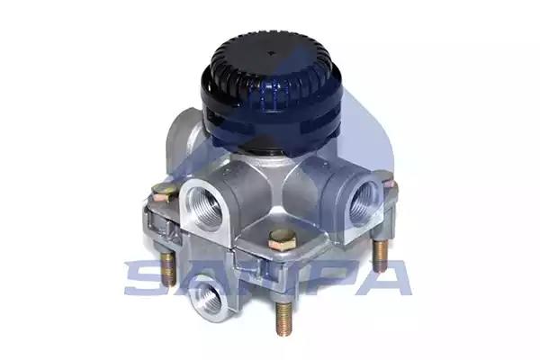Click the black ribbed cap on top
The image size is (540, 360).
(272, 93)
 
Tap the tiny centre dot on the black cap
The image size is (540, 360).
(272, 53)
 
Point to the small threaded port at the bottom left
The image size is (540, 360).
(210, 297)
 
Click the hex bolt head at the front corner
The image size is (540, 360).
(282, 239)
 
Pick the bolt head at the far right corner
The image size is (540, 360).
(390, 183)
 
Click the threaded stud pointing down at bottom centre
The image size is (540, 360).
(284, 318)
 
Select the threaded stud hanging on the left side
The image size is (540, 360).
(168, 267)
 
